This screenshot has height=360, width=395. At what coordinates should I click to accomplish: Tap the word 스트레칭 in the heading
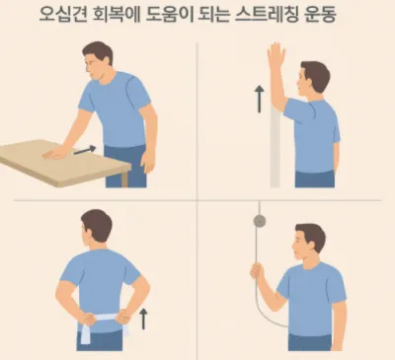[265, 15]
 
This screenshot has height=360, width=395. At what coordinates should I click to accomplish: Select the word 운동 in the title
[319, 15]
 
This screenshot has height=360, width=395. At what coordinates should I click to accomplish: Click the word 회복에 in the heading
[117, 15]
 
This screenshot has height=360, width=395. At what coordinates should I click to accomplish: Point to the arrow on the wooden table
[85, 150]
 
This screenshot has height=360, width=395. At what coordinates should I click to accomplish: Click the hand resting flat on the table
[56, 153]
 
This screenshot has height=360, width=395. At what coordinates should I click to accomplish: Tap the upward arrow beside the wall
[260, 99]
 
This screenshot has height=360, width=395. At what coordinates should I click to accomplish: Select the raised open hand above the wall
[276, 55]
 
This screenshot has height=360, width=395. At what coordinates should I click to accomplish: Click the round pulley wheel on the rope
[260, 221]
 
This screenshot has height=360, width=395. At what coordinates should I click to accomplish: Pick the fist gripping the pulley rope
[257, 270]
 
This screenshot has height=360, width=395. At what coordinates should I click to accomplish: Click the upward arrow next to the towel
[143, 319]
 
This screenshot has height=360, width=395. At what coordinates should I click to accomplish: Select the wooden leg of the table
[124, 180]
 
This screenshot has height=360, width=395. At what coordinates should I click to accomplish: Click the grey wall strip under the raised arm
[276, 148]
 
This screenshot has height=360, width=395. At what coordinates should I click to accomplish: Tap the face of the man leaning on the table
[92, 68]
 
